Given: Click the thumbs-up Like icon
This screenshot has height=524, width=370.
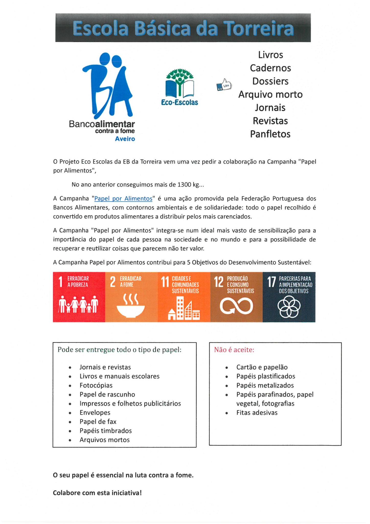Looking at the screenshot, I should (224, 85).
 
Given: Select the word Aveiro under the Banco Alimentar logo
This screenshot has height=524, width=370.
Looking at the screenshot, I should (125, 139).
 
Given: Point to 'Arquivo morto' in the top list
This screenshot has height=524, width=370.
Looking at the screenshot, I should (270, 94).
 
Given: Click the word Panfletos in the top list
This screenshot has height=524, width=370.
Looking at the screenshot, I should (270, 134).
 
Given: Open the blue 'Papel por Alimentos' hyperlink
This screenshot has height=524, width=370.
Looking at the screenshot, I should (123, 199).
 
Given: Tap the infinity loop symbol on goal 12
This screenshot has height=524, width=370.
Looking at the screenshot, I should (236, 306).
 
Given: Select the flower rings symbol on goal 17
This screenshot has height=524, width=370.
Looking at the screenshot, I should (289, 307).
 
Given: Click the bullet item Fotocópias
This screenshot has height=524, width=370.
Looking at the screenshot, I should (96, 385).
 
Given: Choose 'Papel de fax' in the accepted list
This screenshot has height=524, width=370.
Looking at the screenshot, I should (98, 422).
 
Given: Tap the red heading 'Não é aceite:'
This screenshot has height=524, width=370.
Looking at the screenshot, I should (234, 350).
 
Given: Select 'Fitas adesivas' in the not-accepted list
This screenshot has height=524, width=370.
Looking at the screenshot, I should (257, 412).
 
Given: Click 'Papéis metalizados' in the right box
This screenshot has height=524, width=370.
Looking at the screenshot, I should (265, 385).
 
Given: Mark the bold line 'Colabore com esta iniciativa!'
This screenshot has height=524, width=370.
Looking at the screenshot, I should (97, 493).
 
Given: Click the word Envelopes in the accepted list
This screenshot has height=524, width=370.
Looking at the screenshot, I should (95, 412).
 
